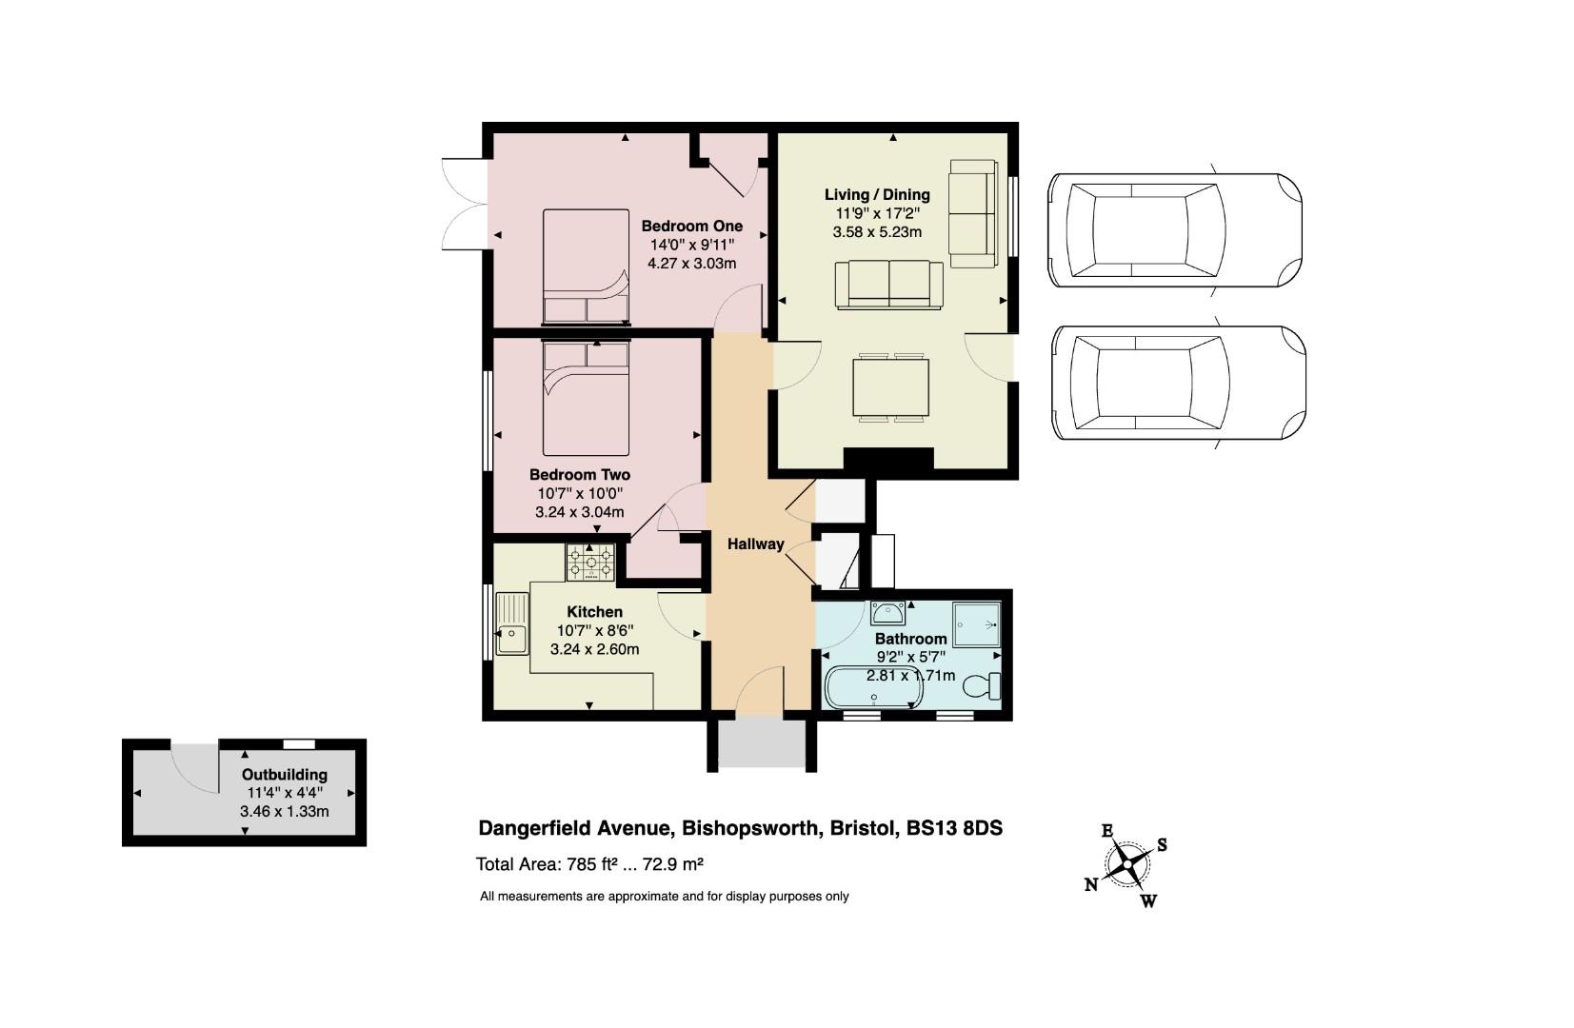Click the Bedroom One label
pos(691,227)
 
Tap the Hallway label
pos(755,544)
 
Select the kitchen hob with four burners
pos(590,562)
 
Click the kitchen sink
pos(512,623)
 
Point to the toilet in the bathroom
pos(982,685)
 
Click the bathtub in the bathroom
pos(873,687)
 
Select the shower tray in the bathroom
pos(977,623)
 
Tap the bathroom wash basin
pos(888,612)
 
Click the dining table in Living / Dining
pos(891,387)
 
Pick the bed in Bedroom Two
pos(586,398)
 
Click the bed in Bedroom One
pos(586,267)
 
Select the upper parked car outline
pos(1175,230)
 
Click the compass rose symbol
pos(1127,863)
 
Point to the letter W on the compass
pos(1148,900)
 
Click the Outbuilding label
pos(285,775)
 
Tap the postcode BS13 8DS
pos(954,828)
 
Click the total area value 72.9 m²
pos(673,863)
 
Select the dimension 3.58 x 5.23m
pos(877,231)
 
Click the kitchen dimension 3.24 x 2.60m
pos(594,649)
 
